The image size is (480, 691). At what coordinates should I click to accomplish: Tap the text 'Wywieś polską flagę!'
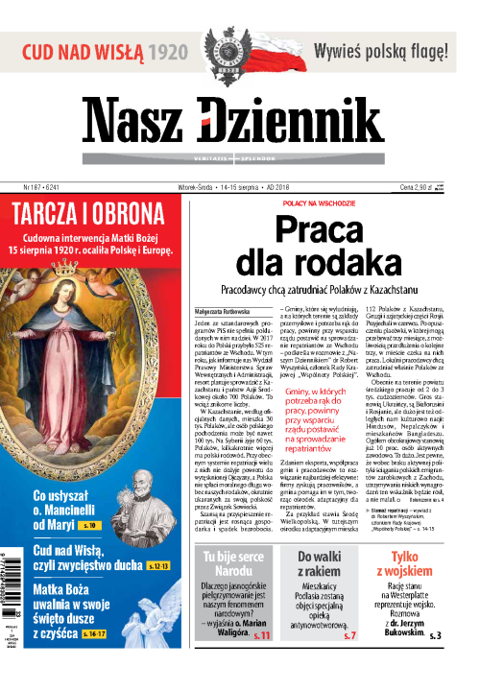(384, 51)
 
